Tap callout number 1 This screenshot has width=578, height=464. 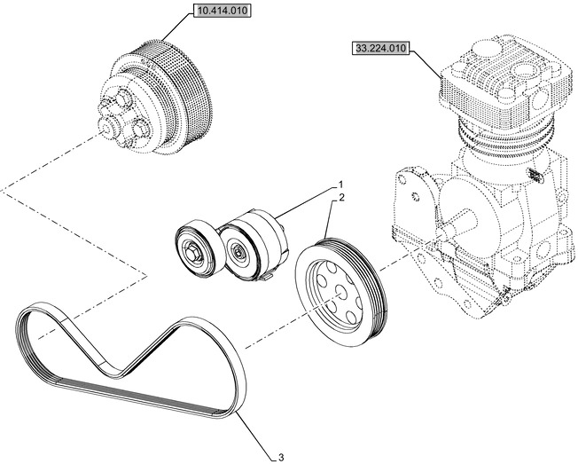point(339,185)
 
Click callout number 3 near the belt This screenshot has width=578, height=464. point(280,457)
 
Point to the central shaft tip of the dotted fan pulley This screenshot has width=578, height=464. point(105,136)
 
